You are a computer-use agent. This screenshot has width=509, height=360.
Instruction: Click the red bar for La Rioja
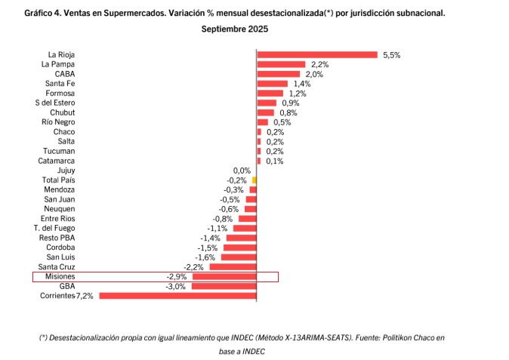point(317,54)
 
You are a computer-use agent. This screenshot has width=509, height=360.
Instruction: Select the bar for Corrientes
point(178,296)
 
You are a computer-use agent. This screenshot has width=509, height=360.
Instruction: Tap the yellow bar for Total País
point(254,180)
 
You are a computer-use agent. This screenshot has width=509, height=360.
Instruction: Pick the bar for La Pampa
point(281,64)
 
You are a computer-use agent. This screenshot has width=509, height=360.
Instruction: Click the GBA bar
point(224,286)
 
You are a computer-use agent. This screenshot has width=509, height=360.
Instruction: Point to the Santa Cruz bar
point(233,266)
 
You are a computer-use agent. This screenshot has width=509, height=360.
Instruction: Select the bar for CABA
point(279,74)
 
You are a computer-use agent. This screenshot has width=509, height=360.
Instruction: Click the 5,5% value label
point(391,55)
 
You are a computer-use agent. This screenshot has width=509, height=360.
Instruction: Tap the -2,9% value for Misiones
point(176,277)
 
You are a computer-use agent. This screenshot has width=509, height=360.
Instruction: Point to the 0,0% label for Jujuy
point(242,171)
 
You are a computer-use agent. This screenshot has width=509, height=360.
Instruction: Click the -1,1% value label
point(217,228)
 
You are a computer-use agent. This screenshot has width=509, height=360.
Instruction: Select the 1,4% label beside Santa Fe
point(302,84)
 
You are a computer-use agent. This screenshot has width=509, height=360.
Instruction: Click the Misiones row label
point(59,277)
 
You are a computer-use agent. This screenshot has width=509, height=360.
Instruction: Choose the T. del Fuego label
point(54,228)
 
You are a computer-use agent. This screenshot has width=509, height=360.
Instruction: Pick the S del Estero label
point(54,103)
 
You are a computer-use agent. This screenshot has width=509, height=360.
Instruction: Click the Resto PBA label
point(57,238)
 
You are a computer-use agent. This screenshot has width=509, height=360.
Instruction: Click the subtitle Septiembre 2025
point(234,29)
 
